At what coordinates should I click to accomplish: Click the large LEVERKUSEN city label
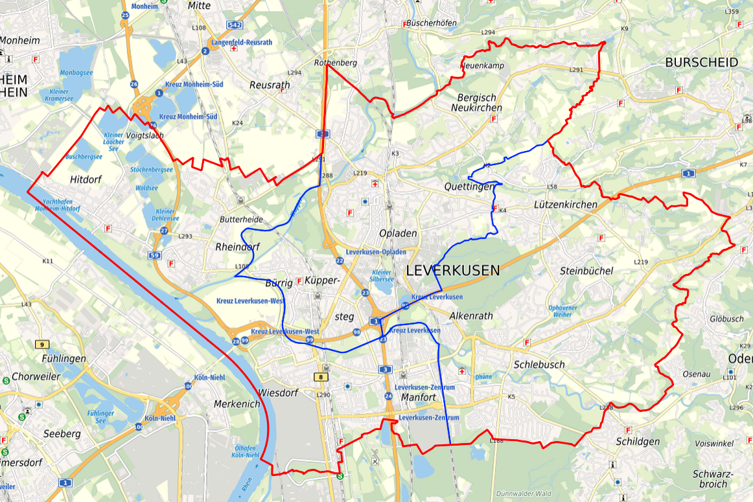click(453, 271)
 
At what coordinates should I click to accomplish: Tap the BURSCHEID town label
click(701, 62)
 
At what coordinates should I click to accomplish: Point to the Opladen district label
click(398, 233)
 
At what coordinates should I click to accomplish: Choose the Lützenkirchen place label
click(565, 205)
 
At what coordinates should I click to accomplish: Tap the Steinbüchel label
click(586, 271)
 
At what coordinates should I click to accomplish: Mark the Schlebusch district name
click(539, 365)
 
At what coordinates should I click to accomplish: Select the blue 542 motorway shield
click(235, 25)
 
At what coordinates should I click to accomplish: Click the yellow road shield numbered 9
click(42, 344)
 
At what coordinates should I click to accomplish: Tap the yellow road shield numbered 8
click(321, 377)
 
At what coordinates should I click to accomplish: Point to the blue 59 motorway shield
click(154, 256)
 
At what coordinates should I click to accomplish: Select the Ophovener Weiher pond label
click(563, 311)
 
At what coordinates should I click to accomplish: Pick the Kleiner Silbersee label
click(382, 276)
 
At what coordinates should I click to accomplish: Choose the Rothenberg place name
click(335, 63)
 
